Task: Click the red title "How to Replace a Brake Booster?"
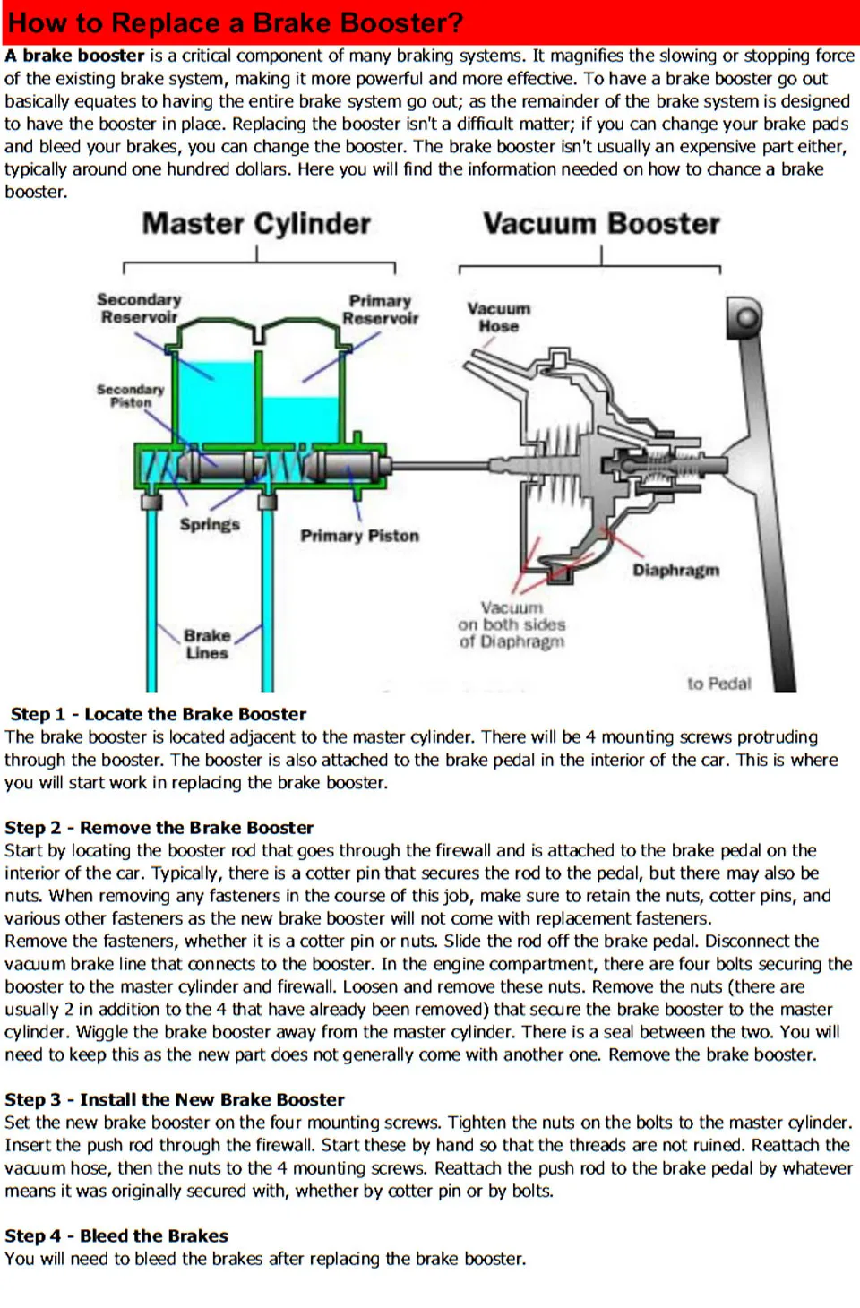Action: pos(235,22)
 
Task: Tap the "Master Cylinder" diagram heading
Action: pos(256,224)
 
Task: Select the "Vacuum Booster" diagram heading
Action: pos(601,224)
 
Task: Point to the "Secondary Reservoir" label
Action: pos(139,308)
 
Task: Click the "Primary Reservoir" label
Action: pos(380,309)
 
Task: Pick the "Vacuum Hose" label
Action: pos(498,317)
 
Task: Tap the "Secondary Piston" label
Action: pos(131,396)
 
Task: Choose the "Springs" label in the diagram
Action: pos(210,524)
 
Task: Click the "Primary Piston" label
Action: pos(359,536)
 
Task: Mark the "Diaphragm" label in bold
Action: pos(675,571)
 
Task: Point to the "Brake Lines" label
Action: pos(207,644)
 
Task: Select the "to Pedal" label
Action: pos(718,684)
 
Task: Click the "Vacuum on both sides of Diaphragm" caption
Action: pos(512,624)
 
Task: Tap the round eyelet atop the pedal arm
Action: pos(744,316)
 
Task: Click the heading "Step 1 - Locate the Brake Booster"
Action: pos(159,714)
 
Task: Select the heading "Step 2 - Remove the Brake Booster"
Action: pos(159,828)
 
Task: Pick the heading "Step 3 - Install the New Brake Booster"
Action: pos(175,1099)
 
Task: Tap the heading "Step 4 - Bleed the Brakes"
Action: pos(116,1235)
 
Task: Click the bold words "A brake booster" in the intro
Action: pos(74,56)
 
